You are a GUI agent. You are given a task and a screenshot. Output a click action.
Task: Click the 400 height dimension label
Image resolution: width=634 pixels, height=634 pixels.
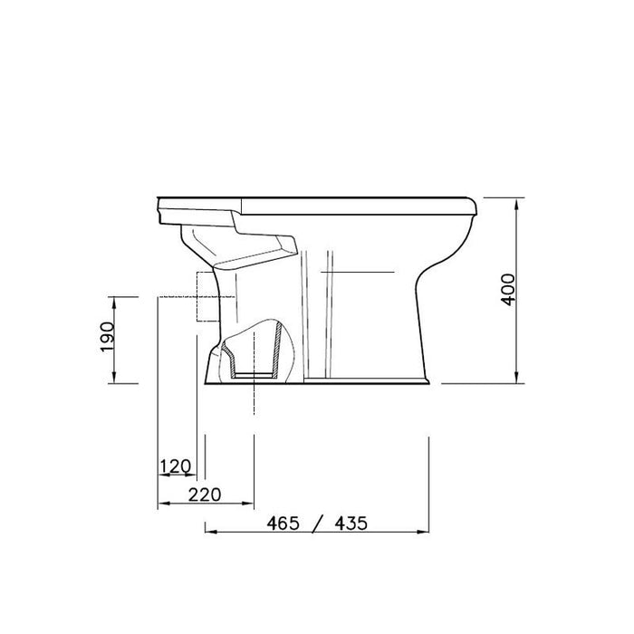[x=508, y=290]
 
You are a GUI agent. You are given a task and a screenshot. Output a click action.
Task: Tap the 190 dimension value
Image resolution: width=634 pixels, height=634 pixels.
[x=108, y=337]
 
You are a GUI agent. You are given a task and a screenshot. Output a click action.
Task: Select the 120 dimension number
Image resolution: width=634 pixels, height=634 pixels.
[x=176, y=466]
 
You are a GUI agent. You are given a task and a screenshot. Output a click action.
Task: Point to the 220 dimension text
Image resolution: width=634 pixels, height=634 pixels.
[x=205, y=495]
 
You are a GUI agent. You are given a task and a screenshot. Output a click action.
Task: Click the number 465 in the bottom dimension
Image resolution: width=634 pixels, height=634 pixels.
[x=283, y=524]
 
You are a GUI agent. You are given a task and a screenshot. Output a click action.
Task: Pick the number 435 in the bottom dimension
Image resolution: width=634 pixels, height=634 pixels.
[x=351, y=524]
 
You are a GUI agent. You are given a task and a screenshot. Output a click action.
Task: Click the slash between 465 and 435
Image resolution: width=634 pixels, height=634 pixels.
[x=318, y=524]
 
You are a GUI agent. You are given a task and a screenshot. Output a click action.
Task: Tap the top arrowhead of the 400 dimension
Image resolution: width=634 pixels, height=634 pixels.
[x=516, y=204]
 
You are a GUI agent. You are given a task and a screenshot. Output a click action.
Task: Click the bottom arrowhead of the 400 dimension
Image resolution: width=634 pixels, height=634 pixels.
[x=516, y=378]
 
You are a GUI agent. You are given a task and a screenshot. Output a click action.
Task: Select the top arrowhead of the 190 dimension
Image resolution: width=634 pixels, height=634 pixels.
[x=114, y=303]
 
